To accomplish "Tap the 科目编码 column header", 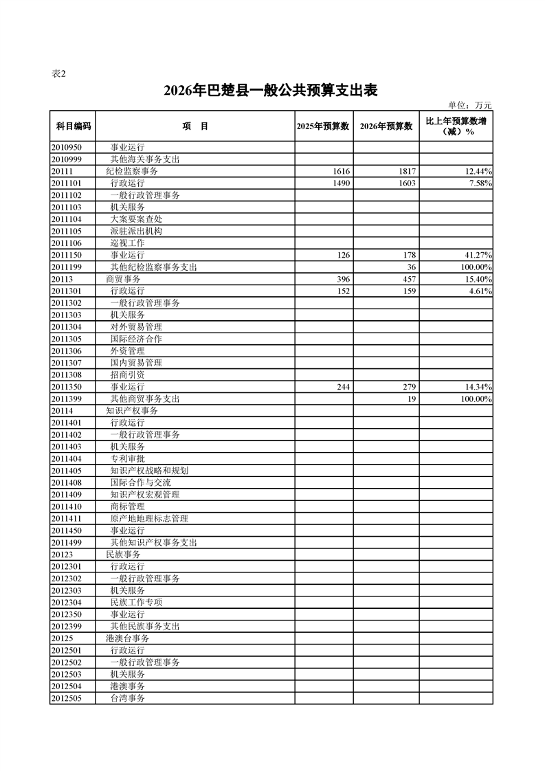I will [x=73, y=126].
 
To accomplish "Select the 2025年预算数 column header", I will [x=324, y=126].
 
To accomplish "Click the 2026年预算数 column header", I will [x=386, y=126].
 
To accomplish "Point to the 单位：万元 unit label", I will [x=470, y=105].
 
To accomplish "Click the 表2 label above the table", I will [x=59, y=74].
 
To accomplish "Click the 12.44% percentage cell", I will [x=476, y=171].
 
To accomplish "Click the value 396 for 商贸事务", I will [x=342, y=279].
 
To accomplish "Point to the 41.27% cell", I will [x=476, y=255].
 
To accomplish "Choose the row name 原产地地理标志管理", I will [x=149, y=519].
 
